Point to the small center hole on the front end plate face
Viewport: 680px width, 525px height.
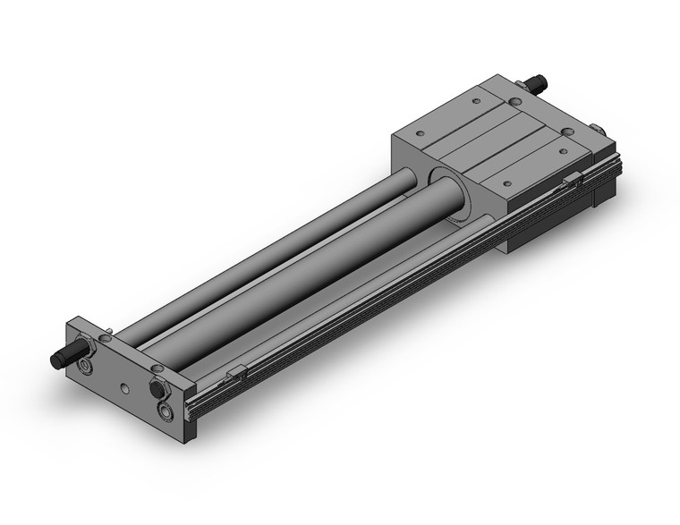coord(124,390)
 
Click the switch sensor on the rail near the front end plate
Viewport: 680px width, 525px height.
coord(237,370)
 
